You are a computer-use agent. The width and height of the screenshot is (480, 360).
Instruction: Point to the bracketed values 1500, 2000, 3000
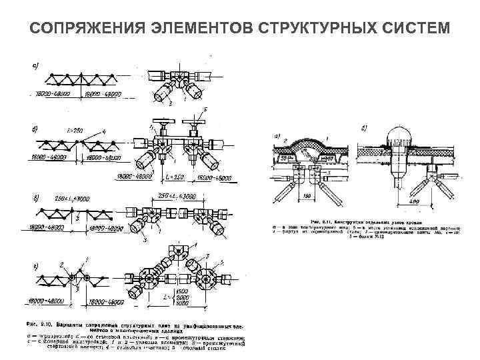(x=204, y=298)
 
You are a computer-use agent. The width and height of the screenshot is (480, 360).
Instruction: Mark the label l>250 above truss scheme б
(x=76, y=131)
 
